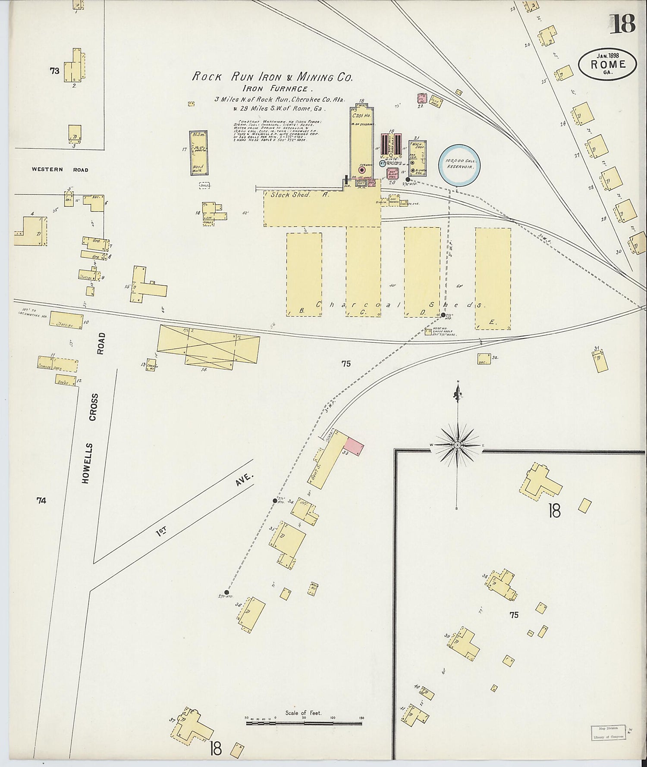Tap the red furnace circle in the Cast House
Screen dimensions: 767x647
coord(362,170)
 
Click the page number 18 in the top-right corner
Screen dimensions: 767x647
coord(622,24)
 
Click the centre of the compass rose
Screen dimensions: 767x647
coord(457,445)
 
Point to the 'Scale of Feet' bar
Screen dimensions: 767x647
coord(304,723)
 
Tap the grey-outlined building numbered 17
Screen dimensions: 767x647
coord(198,153)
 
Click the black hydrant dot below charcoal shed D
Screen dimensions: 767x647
coord(443,316)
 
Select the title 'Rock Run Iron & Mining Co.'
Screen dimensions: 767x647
coord(272,77)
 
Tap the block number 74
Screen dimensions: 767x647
coord(41,501)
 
